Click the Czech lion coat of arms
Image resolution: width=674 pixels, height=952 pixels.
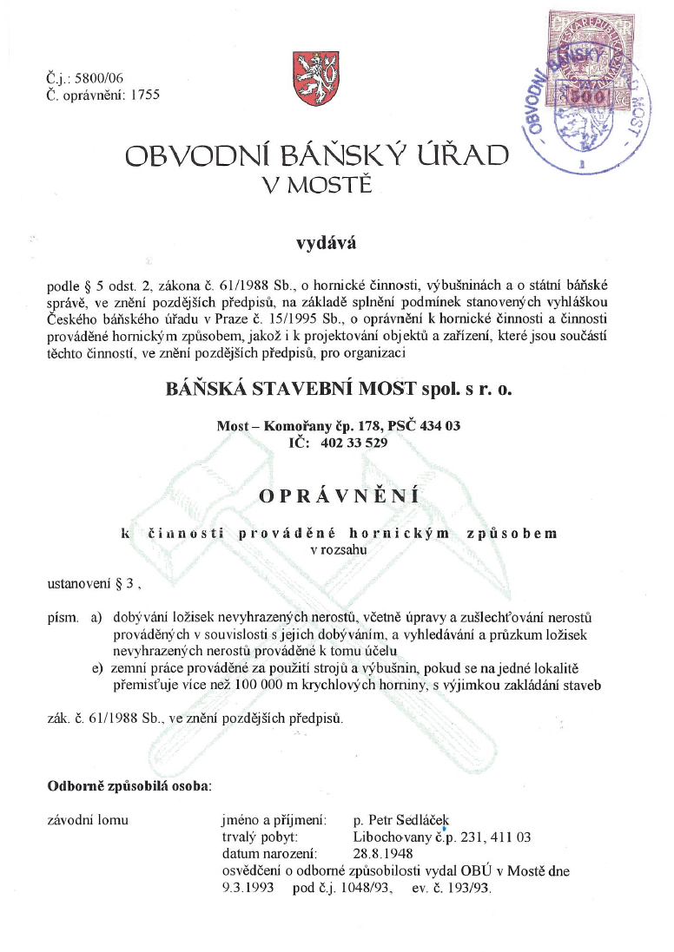313,80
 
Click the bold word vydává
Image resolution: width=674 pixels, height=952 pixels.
322,243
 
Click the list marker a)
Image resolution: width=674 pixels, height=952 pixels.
96,617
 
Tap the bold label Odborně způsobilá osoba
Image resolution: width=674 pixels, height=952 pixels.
128,787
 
